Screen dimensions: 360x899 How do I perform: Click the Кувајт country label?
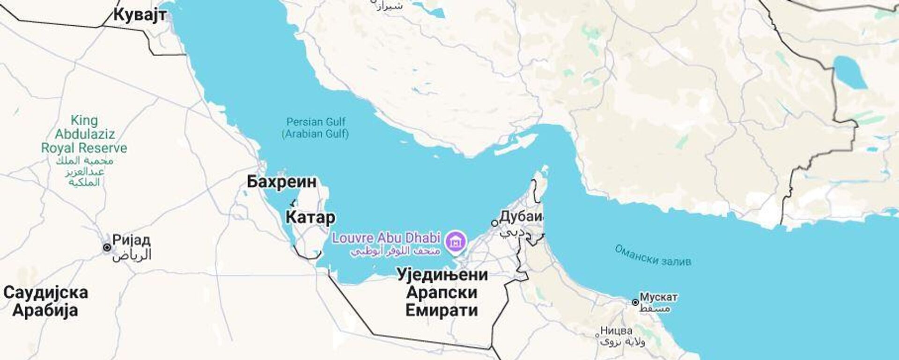pyautogui.click(x=140, y=15)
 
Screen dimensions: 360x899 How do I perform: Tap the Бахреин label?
pyautogui.click(x=281, y=182)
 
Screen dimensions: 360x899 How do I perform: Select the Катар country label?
pyautogui.click(x=310, y=217)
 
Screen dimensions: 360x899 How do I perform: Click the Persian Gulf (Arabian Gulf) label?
pyautogui.click(x=316, y=128)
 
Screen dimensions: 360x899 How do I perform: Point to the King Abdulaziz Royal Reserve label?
pyautogui.click(x=84, y=134)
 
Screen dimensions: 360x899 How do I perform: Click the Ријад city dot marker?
pyautogui.click(x=107, y=247)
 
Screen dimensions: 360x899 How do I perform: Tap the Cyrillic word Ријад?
pyautogui.click(x=132, y=241)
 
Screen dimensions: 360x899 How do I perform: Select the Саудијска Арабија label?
pyautogui.click(x=45, y=301)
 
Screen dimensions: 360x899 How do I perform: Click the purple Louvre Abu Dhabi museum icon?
pyautogui.click(x=456, y=242)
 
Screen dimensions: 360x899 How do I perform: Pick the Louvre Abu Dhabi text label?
pyautogui.click(x=386, y=238)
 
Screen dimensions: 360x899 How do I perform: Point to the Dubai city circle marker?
pyautogui.click(x=494, y=223)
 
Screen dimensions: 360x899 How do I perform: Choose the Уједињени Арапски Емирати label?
pyautogui.click(x=442, y=292)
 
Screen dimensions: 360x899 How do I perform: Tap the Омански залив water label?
pyautogui.click(x=653, y=256)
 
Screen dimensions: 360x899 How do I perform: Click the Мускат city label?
pyautogui.click(x=658, y=297)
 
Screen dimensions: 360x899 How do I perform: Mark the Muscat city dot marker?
pyautogui.click(x=635, y=302)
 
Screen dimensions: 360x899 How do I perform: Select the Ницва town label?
pyautogui.click(x=616, y=331)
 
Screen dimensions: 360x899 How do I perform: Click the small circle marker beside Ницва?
pyautogui.click(x=597, y=335)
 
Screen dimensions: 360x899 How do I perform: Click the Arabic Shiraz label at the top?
pyautogui.click(x=389, y=6)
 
